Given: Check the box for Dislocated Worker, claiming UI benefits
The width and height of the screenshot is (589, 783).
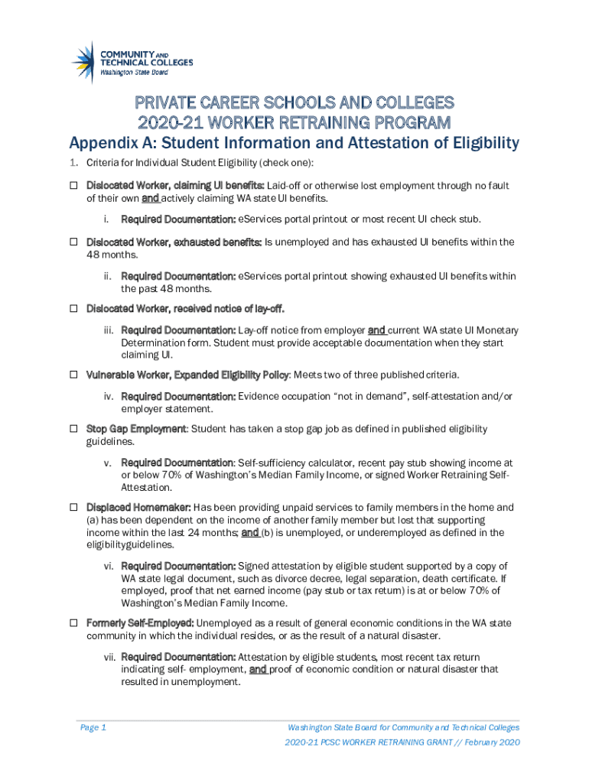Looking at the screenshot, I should click(75, 186).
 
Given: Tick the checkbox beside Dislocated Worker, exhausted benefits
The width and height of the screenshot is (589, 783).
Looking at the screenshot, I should click(75, 242).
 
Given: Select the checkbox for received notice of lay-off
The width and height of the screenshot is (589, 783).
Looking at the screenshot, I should click(75, 310).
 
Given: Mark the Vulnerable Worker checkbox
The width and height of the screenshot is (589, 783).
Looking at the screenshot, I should click(75, 375).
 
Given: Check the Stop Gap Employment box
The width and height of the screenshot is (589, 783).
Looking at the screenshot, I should click(75, 430).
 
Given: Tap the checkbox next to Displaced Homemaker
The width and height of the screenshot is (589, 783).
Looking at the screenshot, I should click(75, 508).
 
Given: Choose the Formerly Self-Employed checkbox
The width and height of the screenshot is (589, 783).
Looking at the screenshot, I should click(75, 623).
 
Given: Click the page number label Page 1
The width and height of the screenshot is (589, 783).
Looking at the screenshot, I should click(93, 727).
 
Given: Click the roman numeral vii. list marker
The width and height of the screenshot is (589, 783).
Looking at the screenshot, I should click(112, 658).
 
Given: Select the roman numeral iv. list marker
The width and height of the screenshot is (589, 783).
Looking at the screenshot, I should click(112, 397).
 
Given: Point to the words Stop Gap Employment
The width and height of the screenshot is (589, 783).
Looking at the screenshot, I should click(136, 430).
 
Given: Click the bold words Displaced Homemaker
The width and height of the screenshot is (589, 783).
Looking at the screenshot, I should click(138, 508).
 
